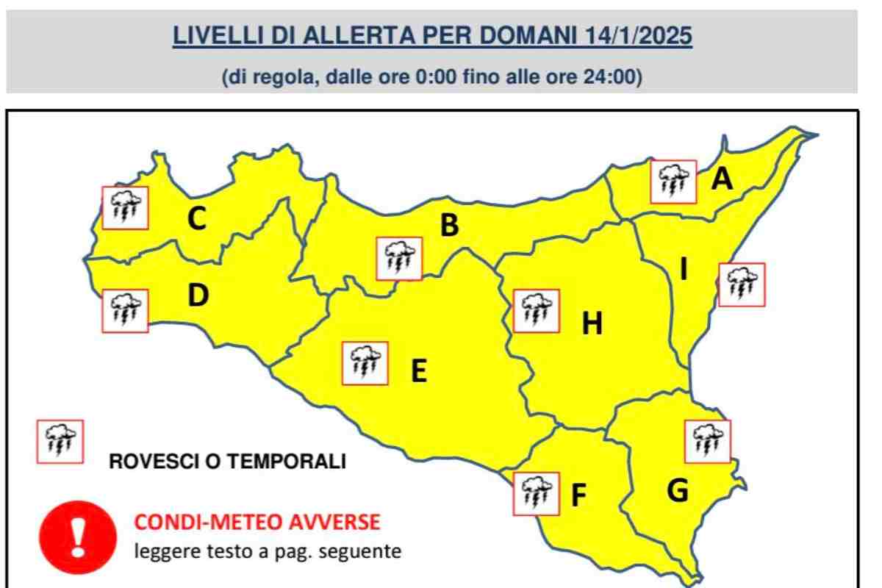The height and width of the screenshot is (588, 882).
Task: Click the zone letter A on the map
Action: point(723,179)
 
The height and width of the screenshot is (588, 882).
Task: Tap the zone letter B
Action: point(449,226)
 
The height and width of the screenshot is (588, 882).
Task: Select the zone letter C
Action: point(196,219)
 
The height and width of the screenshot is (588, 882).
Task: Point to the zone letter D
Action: point(198,295)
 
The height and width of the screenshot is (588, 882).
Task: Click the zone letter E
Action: point(419,371)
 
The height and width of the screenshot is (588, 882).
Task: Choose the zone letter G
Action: point(678,490)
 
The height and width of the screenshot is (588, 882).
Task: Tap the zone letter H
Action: point(592,323)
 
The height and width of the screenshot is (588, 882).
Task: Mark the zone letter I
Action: point(684,270)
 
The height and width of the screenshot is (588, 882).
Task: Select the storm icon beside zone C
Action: point(126,207)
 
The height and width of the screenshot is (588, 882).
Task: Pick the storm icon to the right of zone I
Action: point(742,284)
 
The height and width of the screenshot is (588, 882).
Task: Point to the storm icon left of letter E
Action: point(365,363)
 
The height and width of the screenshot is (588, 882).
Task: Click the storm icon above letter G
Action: point(708,441)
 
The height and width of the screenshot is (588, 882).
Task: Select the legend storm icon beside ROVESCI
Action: point(60,442)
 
